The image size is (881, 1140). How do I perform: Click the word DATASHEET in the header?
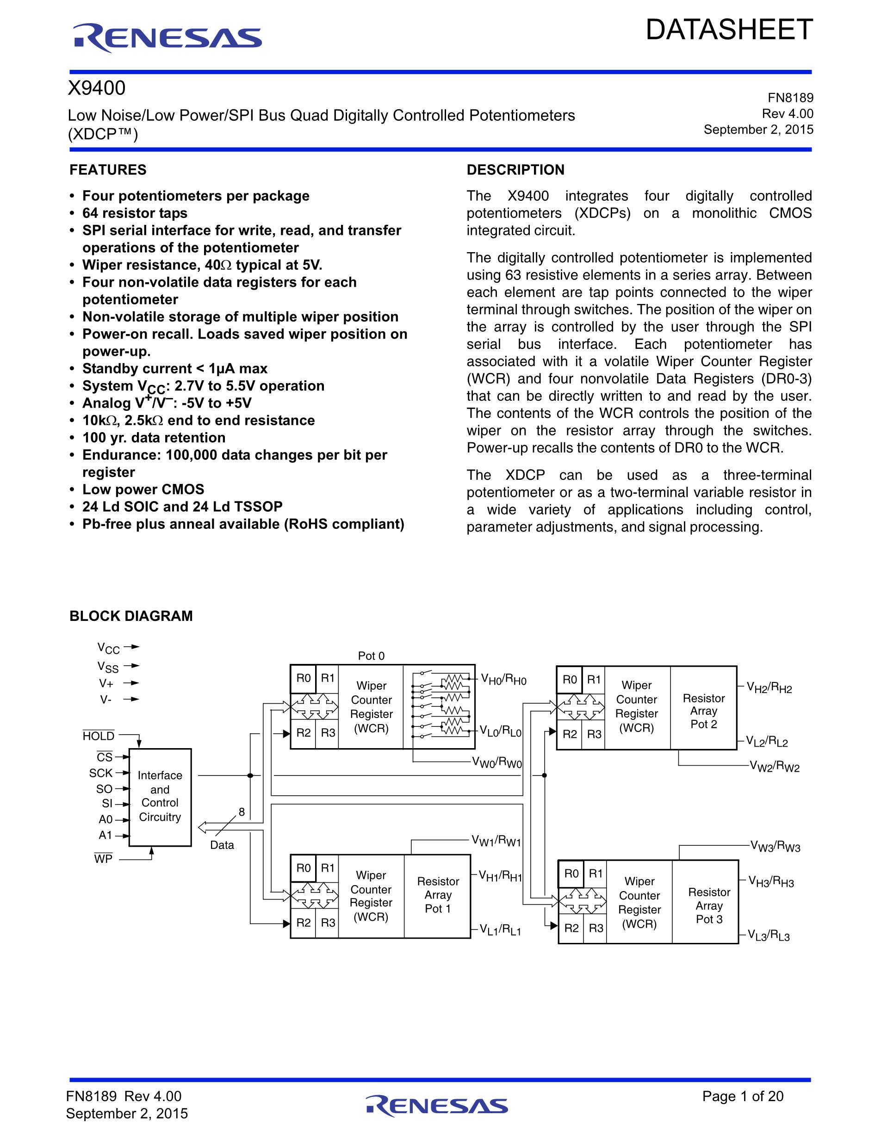[x=729, y=30]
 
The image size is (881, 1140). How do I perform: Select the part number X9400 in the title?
[x=97, y=89]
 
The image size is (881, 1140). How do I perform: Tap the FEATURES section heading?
[x=108, y=170]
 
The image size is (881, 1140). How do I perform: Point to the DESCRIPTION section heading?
[x=515, y=170]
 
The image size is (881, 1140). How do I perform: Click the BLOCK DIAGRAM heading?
[x=131, y=616]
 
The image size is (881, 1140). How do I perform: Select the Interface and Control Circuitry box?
[x=160, y=797]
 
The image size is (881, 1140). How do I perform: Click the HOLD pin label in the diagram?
[x=99, y=736]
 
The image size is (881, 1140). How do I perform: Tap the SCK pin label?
[x=101, y=773]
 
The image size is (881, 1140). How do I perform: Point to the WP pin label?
[x=103, y=859]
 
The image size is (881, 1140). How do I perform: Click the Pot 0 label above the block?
[x=371, y=656]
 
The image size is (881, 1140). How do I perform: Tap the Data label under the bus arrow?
[x=222, y=845]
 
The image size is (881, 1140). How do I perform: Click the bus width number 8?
[x=242, y=812]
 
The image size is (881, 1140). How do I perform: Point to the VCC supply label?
[x=109, y=648]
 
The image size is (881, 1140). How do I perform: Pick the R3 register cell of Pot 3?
[x=596, y=928]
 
